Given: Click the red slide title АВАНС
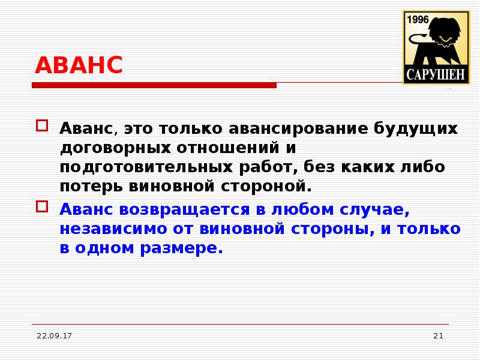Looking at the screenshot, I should (79, 65).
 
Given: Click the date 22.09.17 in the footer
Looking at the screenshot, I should (54, 336).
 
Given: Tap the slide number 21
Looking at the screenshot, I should (437, 336).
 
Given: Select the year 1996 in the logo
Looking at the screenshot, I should (418, 20).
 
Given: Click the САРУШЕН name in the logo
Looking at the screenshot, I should (435, 74).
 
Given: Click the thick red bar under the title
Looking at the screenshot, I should (154, 86).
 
